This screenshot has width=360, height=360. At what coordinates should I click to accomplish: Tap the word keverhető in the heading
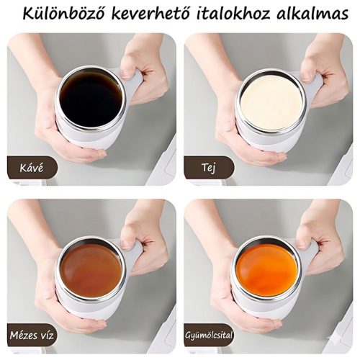152,15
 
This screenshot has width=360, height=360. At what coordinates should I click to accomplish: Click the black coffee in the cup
90,99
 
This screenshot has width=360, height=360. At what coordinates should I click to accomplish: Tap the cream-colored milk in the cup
271,102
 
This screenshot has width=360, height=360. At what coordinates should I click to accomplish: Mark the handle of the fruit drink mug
309,253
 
